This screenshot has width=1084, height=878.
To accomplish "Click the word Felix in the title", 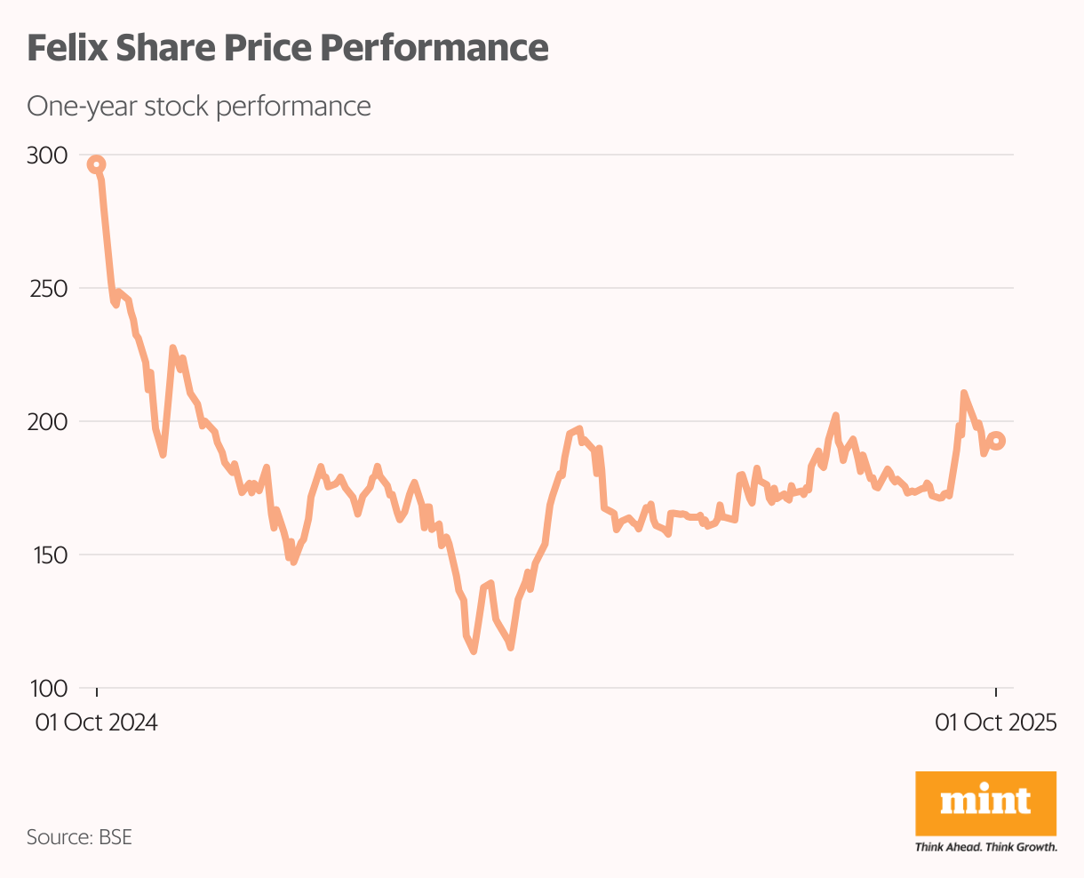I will (64, 48).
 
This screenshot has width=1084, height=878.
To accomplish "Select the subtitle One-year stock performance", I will (199, 107).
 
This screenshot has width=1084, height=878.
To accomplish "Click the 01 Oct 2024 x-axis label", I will (97, 722).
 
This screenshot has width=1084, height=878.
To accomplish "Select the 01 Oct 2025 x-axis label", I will (995, 722).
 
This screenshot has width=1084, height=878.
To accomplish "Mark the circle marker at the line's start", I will (97, 164).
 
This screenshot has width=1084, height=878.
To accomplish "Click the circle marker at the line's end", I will (997, 441).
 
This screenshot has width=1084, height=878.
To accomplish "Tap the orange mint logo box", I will (985, 802).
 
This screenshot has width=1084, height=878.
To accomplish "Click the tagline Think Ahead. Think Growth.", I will (985, 847).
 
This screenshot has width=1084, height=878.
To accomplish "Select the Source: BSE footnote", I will (79, 837).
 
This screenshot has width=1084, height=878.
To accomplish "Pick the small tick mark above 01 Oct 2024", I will (97, 693).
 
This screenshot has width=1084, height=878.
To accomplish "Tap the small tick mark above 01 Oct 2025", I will (996, 693).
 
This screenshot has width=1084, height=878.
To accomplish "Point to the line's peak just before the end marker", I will (964, 392).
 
